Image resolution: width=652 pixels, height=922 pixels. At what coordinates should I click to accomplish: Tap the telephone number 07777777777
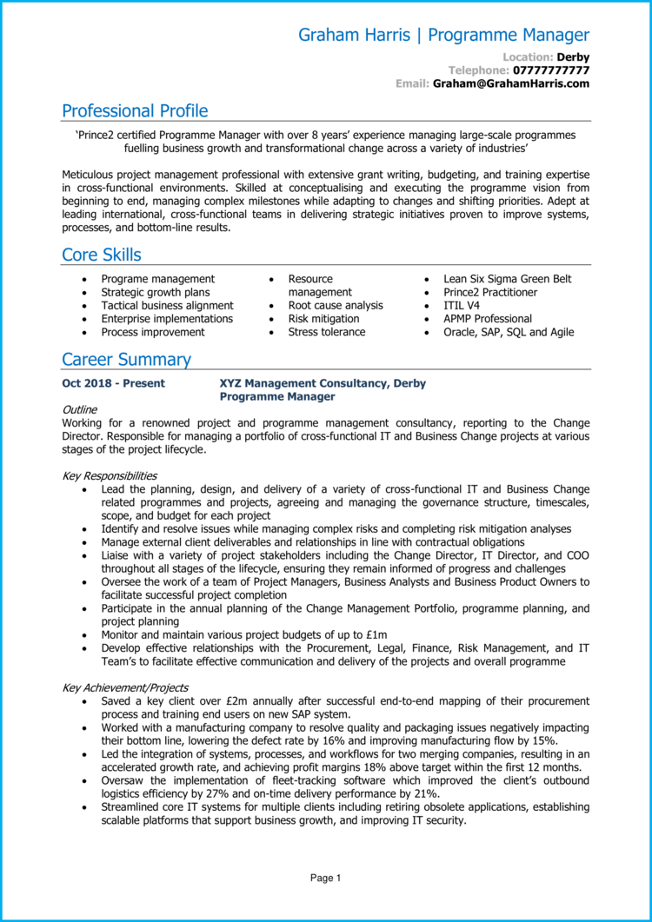551,70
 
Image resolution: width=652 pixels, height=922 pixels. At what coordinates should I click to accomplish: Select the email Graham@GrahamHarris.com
511,83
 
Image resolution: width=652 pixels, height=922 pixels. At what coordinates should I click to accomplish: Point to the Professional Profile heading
135,110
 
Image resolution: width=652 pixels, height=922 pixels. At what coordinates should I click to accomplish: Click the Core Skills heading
102,255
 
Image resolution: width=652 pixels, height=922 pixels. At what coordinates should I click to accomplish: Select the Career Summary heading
126,359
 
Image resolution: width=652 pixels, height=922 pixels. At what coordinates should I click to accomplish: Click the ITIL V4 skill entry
461,306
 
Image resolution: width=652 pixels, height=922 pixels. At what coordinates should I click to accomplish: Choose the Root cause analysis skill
336,306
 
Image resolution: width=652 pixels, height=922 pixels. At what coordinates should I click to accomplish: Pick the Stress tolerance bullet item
327,332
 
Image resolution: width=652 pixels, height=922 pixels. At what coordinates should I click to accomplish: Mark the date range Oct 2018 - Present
113,383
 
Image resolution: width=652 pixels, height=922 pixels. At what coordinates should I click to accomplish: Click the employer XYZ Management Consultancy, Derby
323,383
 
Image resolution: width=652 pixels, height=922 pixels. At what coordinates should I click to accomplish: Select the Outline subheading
80,409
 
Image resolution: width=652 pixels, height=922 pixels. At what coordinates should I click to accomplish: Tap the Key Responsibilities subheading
110,475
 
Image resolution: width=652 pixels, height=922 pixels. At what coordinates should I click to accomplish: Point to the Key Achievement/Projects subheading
124,687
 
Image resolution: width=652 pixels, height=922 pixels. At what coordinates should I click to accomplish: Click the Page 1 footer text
326,879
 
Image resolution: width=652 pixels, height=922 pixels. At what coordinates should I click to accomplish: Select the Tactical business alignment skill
167,306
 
